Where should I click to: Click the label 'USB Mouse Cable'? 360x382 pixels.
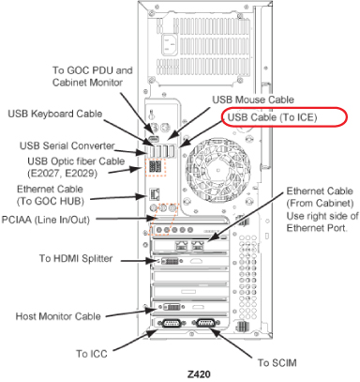click(253, 99)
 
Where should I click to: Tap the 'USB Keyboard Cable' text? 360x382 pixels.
click(55, 114)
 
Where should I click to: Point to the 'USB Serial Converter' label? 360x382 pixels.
click(67, 145)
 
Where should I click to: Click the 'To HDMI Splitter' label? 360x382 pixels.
click(76, 259)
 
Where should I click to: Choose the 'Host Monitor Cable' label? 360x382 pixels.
click(58, 316)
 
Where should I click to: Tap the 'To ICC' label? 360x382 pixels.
click(92, 354)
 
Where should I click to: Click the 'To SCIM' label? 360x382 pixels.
click(277, 363)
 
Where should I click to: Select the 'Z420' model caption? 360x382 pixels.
click(199, 374)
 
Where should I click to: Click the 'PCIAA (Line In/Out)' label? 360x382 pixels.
click(46, 220)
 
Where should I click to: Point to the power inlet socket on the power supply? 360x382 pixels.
click(169, 44)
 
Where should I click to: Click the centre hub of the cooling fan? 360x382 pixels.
click(217, 170)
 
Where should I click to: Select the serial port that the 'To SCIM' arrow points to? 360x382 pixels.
click(205, 323)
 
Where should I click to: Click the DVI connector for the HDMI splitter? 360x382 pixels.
click(170, 261)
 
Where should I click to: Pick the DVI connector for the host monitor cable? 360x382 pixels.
click(172, 307)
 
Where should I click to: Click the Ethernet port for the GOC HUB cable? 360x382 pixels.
click(155, 194)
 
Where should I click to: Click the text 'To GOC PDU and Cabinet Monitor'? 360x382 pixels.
click(92, 76)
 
